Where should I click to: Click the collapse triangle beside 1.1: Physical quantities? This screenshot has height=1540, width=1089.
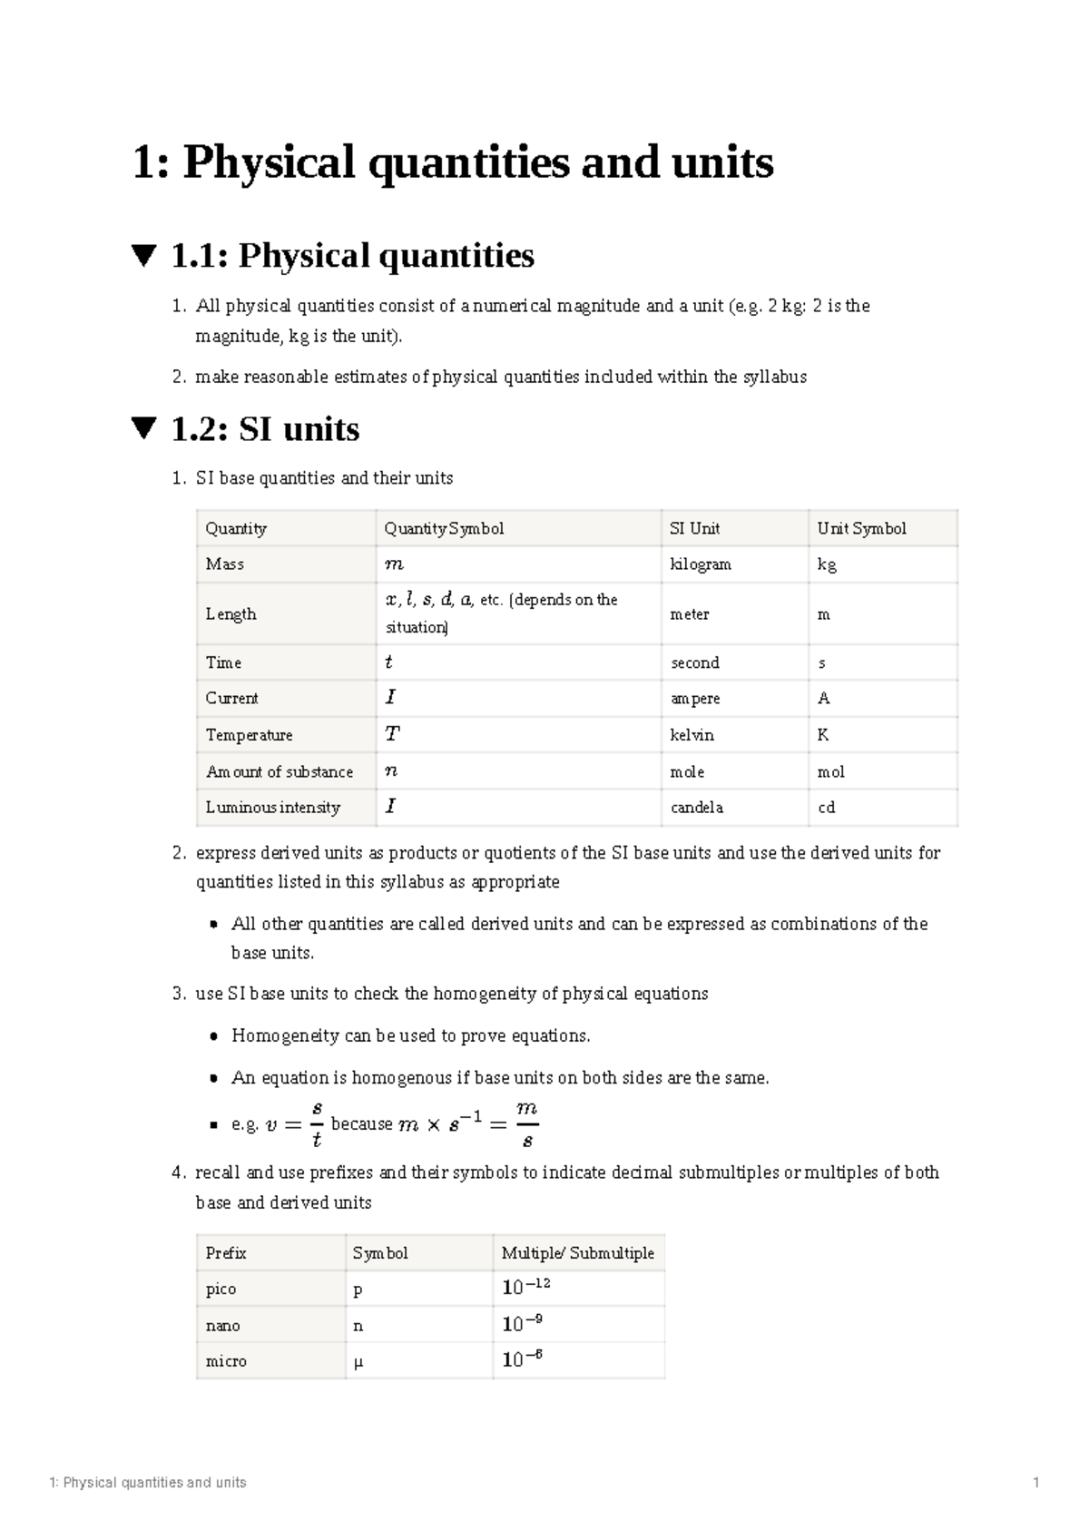tap(144, 255)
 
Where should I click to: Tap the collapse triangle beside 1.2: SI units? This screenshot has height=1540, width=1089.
tap(144, 428)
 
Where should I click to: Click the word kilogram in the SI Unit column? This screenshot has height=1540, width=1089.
tap(700, 564)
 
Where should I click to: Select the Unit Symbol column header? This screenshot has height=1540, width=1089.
tap(861, 528)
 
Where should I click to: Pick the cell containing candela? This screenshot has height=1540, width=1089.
tap(696, 808)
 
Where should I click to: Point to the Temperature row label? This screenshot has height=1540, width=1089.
tap(249, 735)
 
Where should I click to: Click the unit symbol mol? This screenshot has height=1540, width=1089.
tap(830, 772)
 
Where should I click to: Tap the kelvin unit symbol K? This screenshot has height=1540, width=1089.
tap(823, 735)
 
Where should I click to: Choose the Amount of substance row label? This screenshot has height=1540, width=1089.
tap(279, 772)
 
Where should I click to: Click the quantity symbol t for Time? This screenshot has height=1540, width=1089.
tap(389, 662)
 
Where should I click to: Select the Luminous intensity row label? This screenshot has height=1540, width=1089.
tap(272, 808)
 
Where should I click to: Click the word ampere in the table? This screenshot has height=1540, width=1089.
tap(695, 699)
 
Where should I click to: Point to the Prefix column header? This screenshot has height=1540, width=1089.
tap(226, 1253)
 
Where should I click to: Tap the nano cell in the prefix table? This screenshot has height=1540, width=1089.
tap(222, 1326)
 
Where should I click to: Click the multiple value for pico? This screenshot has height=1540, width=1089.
tap(526, 1288)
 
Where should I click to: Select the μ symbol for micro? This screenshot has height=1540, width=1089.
tap(358, 1362)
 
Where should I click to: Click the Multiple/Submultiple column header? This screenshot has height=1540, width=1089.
tap(577, 1253)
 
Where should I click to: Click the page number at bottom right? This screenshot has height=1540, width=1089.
tap(1035, 1483)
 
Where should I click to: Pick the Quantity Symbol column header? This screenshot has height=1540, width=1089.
tap(443, 528)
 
